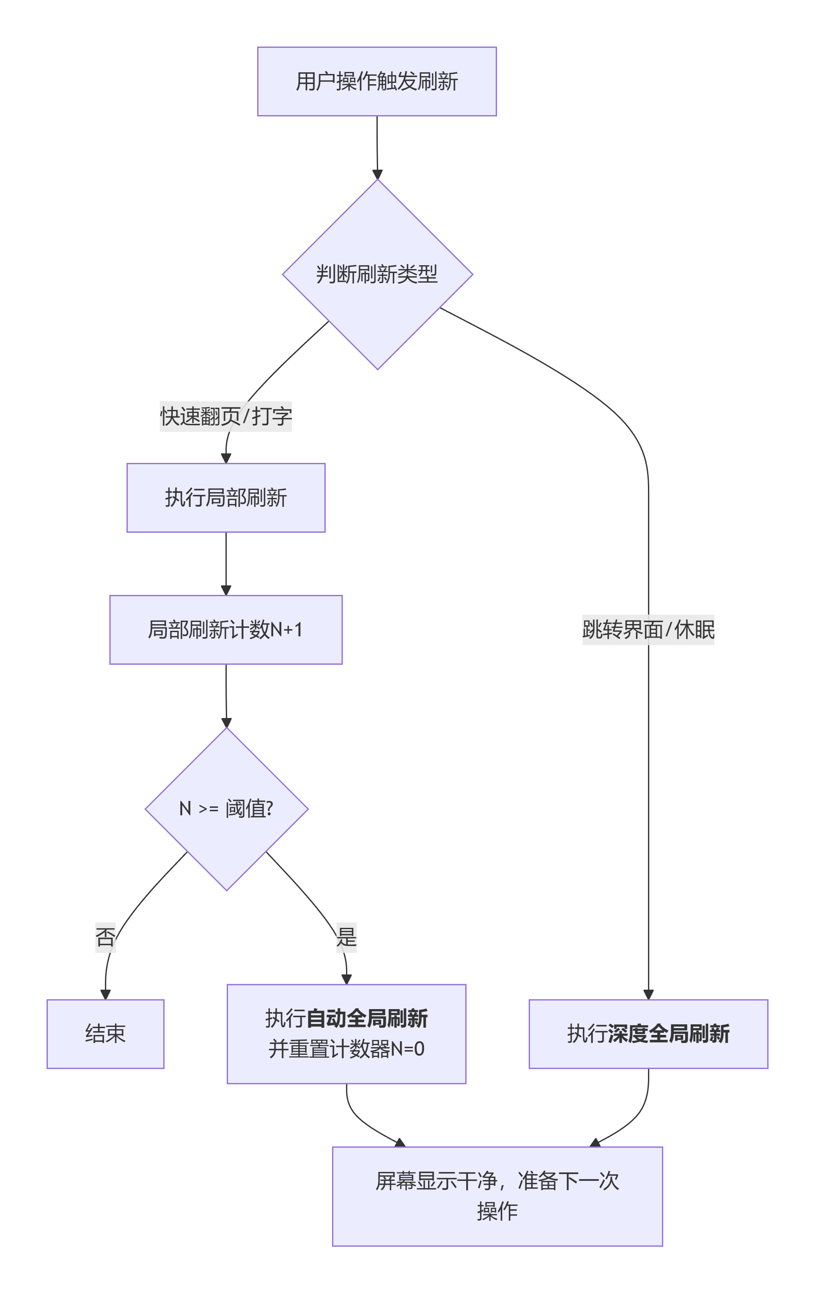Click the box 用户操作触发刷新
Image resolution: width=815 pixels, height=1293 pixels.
[x=376, y=81]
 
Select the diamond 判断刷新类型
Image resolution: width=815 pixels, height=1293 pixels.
[x=377, y=275]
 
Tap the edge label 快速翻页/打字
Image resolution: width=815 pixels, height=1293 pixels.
[x=225, y=416]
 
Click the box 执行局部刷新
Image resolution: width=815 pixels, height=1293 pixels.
[x=225, y=497]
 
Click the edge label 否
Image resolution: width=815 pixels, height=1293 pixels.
[x=105, y=938]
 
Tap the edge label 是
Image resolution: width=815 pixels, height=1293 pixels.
[x=346, y=938]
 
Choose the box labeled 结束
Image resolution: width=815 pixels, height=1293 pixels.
[x=105, y=1034]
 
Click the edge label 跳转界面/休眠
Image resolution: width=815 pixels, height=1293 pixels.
[x=648, y=629]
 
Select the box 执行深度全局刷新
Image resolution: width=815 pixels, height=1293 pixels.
[x=648, y=1034]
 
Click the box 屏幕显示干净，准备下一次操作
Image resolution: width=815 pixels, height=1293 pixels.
[x=497, y=1197]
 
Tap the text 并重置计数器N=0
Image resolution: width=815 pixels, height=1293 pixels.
[x=346, y=1049]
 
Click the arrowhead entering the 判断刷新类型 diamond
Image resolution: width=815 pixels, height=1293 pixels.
[x=377, y=174]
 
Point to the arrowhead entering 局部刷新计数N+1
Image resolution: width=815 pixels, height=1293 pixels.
[x=226, y=590]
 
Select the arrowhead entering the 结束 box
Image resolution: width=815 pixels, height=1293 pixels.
[x=105, y=994]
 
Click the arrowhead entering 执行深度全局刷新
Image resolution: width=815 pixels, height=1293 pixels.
[x=648, y=994]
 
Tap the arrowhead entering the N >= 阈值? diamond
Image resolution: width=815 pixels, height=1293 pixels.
[x=227, y=723]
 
